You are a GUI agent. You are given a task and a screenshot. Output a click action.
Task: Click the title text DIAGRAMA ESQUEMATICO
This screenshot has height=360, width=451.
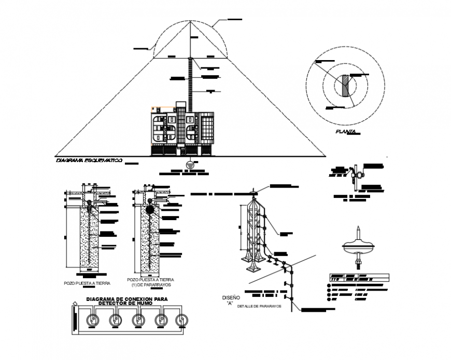[x=89, y=161]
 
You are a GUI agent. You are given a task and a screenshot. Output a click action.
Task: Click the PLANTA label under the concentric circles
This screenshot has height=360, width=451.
[x=345, y=133]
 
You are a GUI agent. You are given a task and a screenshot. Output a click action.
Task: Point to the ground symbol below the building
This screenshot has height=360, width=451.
[x=191, y=164]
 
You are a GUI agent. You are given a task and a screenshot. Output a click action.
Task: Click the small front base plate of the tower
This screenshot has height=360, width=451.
[x=252, y=267]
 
